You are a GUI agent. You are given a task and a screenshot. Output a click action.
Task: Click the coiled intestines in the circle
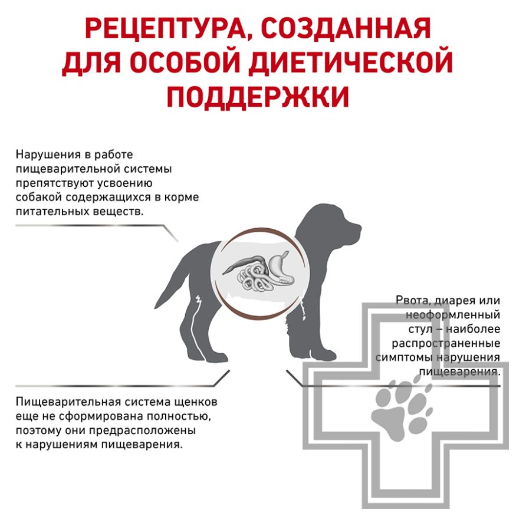[x=254, y=277]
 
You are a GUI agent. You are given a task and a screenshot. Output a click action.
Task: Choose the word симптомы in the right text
[x=404, y=357]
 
